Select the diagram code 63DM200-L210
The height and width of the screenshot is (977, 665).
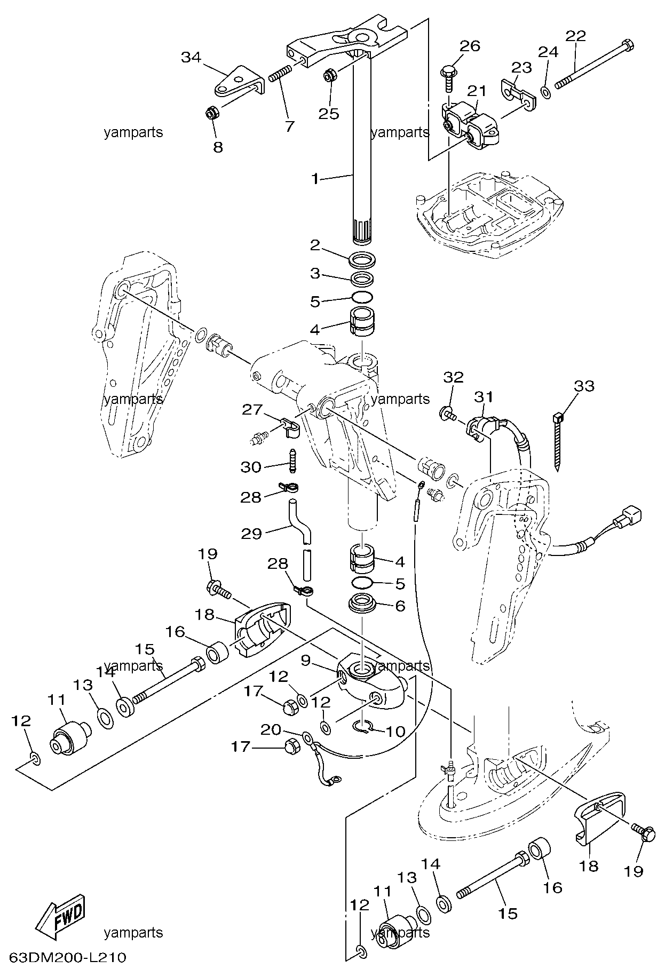tap(67, 958)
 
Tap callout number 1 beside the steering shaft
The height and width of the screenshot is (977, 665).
tap(316, 179)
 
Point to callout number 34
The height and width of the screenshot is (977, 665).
tap(192, 57)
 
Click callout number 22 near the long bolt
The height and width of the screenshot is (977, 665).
tap(575, 36)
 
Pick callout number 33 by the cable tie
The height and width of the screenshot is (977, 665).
tap(583, 385)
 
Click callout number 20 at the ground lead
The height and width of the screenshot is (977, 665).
tap(271, 729)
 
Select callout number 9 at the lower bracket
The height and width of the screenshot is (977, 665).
tap(305, 661)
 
